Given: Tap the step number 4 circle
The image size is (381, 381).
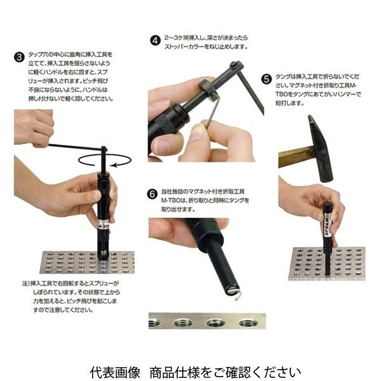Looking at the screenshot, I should [x=154, y=39].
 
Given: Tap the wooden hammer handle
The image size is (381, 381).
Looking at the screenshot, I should [x=295, y=156].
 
